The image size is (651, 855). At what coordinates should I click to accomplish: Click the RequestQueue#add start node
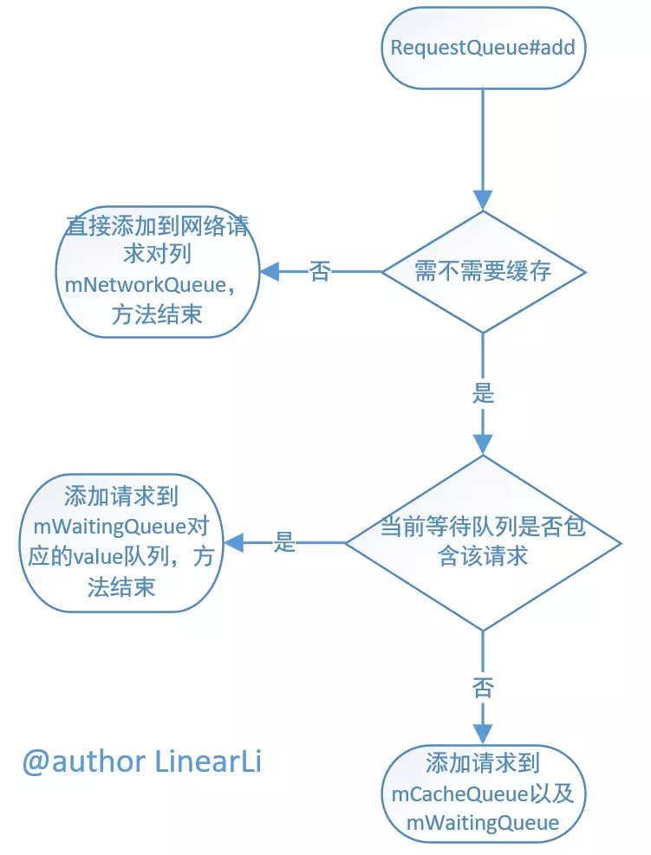coord(483,47)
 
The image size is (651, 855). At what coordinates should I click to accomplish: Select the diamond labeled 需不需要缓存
coord(484,272)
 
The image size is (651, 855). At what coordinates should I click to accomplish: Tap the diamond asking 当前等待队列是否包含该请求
coord(484,542)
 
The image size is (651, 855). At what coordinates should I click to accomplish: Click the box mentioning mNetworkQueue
coord(157,271)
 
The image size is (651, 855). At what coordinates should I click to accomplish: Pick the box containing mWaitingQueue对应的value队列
coord(120,542)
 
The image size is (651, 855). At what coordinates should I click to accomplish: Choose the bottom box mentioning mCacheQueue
coord(483,793)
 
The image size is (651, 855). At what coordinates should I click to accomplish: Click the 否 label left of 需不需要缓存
coord(320,272)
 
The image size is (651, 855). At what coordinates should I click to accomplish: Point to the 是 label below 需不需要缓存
coord(484,392)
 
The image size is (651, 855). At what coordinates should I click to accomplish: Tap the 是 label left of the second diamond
coord(285,543)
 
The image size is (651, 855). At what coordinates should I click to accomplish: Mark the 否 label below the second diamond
coord(484,688)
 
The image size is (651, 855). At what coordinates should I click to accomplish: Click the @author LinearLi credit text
coord(142,761)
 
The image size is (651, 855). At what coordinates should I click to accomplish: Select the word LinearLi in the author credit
coord(208,761)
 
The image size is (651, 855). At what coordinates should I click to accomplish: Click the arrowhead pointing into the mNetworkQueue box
coord(270,272)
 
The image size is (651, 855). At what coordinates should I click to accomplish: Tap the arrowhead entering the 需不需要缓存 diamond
coord(484,200)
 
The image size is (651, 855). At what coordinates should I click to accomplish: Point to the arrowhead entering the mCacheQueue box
coord(484,735)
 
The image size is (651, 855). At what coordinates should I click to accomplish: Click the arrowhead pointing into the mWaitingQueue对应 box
coord(233,543)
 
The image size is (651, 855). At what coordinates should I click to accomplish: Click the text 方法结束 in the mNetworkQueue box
coord(157,314)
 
